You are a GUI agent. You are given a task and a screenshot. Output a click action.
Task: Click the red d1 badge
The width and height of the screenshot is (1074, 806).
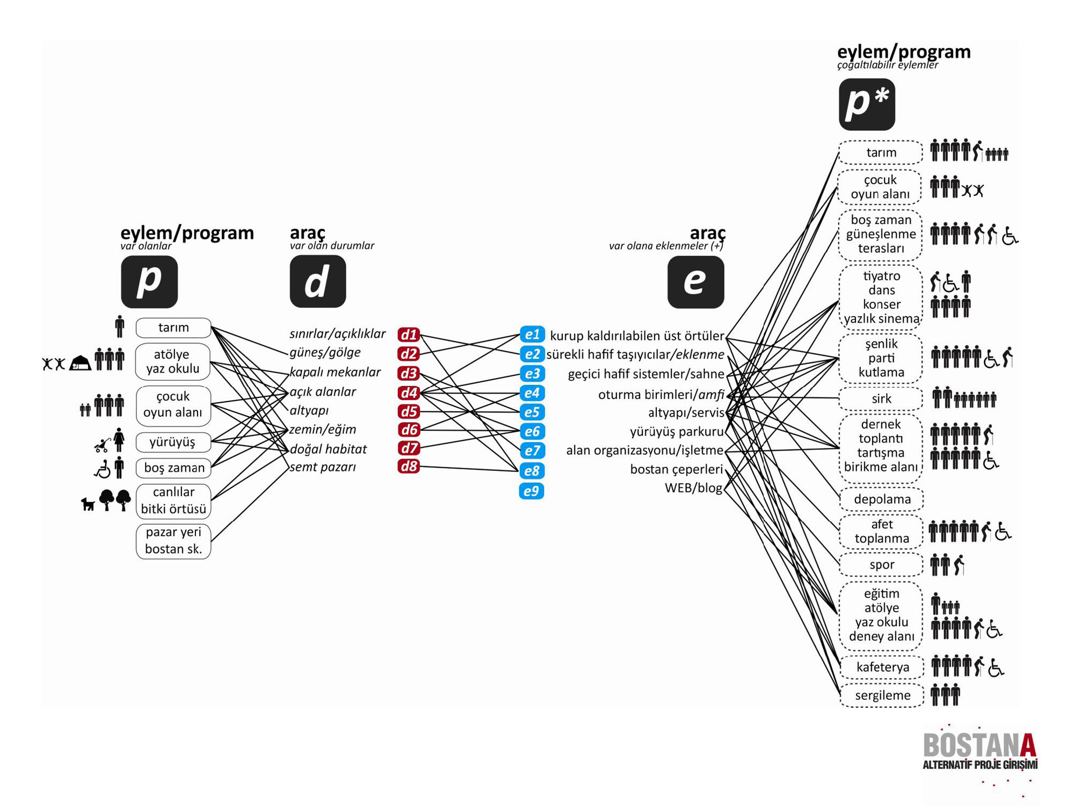[x=409, y=335]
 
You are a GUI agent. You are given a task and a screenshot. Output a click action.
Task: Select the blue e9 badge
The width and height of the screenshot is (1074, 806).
[x=531, y=491]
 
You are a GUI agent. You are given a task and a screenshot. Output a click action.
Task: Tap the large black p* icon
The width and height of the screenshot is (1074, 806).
[x=866, y=104]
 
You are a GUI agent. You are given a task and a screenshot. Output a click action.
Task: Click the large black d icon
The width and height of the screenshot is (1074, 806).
[x=317, y=281]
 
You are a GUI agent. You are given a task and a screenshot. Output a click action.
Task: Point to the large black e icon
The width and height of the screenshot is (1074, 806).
[x=695, y=281]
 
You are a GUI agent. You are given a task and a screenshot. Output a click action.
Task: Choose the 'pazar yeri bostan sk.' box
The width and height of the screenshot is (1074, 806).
[x=173, y=541]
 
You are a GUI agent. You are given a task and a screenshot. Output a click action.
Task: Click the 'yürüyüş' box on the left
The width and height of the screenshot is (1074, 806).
[x=173, y=442]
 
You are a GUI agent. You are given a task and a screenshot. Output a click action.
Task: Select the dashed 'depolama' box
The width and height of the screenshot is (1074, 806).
[x=881, y=499]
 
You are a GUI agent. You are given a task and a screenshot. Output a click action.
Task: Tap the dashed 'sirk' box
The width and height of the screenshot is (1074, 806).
[x=881, y=398]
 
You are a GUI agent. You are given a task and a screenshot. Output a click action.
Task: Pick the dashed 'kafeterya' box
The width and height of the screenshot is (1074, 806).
[x=882, y=667]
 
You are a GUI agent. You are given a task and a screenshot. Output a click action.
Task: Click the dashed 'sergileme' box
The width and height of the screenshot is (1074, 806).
[x=882, y=695]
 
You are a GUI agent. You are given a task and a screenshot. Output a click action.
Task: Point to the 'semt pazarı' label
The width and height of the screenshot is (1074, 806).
[x=323, y=467]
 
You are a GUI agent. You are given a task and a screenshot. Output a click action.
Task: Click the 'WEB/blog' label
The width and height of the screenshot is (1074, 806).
[x=693, y=488]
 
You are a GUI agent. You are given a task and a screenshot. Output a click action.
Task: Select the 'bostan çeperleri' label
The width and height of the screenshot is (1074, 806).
[x=676, y=469]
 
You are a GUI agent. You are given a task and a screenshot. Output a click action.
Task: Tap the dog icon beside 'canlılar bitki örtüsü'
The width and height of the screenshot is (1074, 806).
[x=88, y=504]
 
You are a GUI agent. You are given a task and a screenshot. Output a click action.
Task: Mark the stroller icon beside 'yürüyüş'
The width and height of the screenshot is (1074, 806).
[x=101, y=445]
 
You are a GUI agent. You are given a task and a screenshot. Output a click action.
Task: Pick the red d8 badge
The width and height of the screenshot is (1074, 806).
[x=409, y=466]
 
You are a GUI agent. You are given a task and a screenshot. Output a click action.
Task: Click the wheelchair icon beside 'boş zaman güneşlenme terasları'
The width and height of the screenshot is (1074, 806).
[x=1010, y=236]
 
